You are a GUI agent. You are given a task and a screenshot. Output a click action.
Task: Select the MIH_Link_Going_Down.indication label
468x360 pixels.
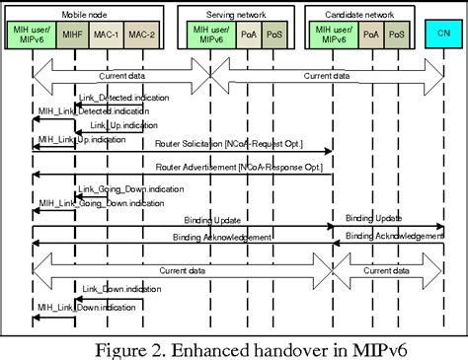(x=88, y=202)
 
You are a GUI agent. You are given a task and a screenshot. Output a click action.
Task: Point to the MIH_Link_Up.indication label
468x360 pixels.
(x=78, y=140)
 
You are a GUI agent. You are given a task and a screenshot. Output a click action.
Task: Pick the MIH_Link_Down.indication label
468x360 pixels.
(x=80, y=307)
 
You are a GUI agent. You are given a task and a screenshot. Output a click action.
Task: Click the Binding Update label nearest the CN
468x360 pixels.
(x=374, y=217)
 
